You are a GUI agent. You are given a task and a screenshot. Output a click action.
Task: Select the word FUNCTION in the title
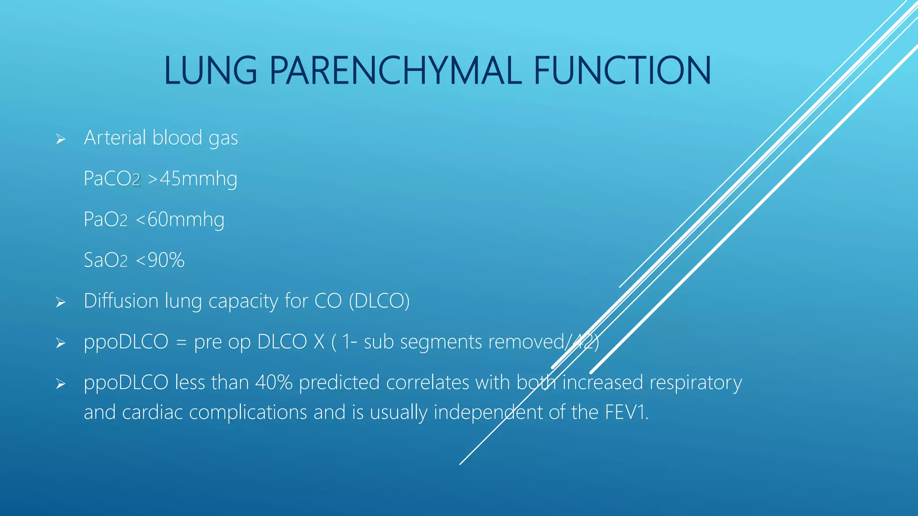622,71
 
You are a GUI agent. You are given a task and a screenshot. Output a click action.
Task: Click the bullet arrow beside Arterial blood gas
61,140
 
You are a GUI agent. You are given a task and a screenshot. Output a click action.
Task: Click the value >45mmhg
192,179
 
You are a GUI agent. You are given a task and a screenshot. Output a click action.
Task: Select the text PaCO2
112,179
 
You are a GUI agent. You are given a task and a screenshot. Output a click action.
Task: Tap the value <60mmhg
180,219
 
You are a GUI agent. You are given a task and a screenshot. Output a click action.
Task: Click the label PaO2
106,219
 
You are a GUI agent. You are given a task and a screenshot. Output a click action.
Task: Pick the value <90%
160,260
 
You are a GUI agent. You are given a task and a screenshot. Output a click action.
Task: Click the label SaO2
106,260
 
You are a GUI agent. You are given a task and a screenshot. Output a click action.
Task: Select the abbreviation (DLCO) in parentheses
379,301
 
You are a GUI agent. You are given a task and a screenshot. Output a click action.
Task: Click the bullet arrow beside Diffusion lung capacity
61,303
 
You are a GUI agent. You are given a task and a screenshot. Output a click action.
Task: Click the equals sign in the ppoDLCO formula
181,343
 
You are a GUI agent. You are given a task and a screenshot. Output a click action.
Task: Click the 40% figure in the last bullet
273,383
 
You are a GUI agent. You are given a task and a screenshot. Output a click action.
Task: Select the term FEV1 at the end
626,412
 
